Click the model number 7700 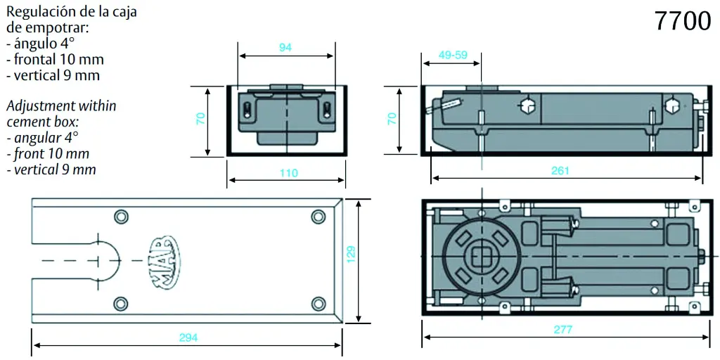683,21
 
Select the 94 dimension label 285,47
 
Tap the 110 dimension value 288,173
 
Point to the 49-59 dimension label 453,55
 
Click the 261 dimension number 560,171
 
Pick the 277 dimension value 563,330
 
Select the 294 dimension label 188,337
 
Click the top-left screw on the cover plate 121,216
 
